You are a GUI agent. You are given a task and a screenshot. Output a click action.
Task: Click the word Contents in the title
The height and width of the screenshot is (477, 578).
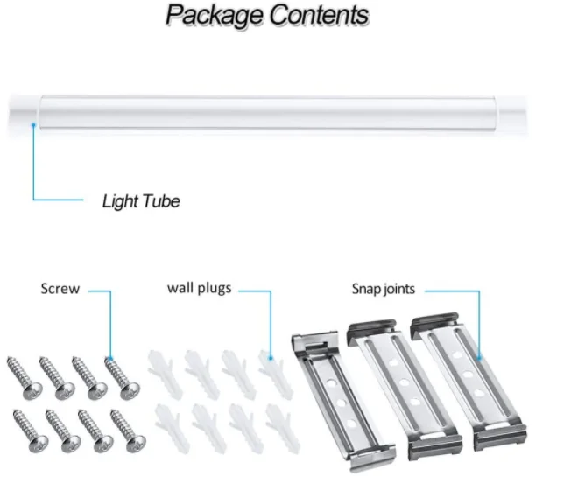click(319, 15)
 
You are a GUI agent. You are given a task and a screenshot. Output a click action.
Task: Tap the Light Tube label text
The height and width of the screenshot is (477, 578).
click(141, 201)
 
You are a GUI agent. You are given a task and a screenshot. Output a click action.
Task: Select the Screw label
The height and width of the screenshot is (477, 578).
click(60, 289)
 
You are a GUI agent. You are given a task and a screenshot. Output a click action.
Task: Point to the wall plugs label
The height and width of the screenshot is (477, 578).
click(199, 287)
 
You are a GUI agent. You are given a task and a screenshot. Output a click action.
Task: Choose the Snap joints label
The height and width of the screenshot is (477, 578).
click(384, 289)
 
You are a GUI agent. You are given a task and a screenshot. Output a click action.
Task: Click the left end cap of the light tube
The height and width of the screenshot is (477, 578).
click(21, 116)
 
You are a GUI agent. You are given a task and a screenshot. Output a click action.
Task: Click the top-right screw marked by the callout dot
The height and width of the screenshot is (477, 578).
click(117, 371)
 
